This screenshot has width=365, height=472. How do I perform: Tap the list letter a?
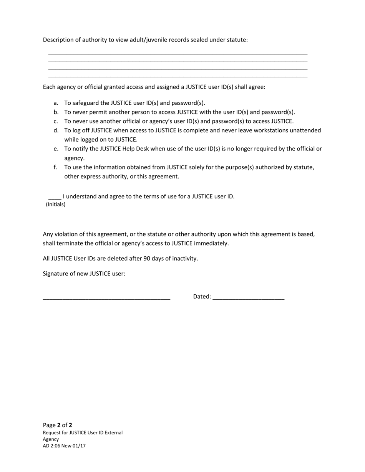point(56,103)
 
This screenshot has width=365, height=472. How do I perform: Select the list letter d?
point(56,130)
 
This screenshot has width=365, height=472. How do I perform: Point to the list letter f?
point(56,167)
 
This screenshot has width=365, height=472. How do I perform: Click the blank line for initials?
point(55,198)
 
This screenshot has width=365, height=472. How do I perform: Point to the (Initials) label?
point(56,205)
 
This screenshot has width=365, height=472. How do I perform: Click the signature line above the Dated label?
point(106,298)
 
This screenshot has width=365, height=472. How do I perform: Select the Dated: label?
point(202,296)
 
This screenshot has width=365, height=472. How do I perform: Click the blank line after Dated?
point(248,298)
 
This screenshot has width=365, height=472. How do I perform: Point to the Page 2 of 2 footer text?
point(58,425)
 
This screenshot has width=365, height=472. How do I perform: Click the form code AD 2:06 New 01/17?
point(64,446)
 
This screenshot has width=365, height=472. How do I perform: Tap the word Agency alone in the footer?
point(51,439)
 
